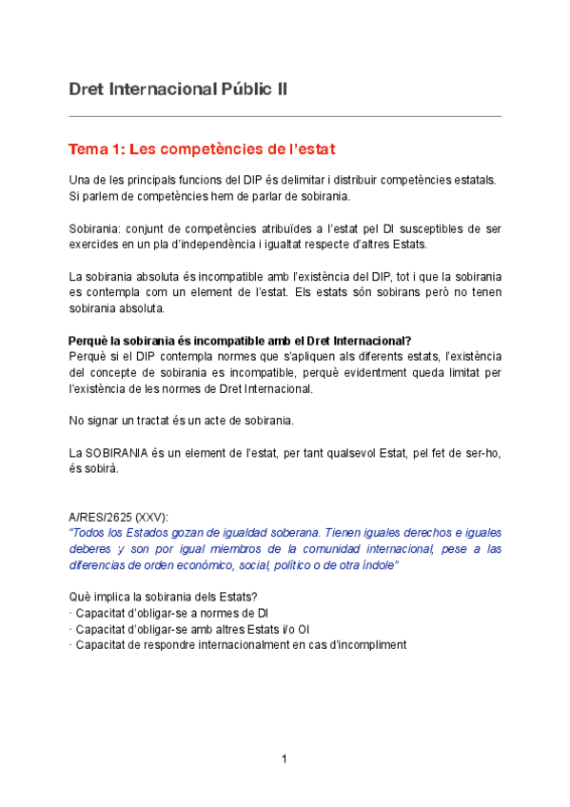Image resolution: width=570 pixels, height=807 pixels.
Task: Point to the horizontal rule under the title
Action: click(285, 116)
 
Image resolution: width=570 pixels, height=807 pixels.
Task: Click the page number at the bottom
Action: click(284, 758)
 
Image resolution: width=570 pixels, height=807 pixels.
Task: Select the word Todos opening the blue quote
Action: click(93, 533)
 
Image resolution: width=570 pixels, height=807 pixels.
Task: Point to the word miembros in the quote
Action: click(205, 549)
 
